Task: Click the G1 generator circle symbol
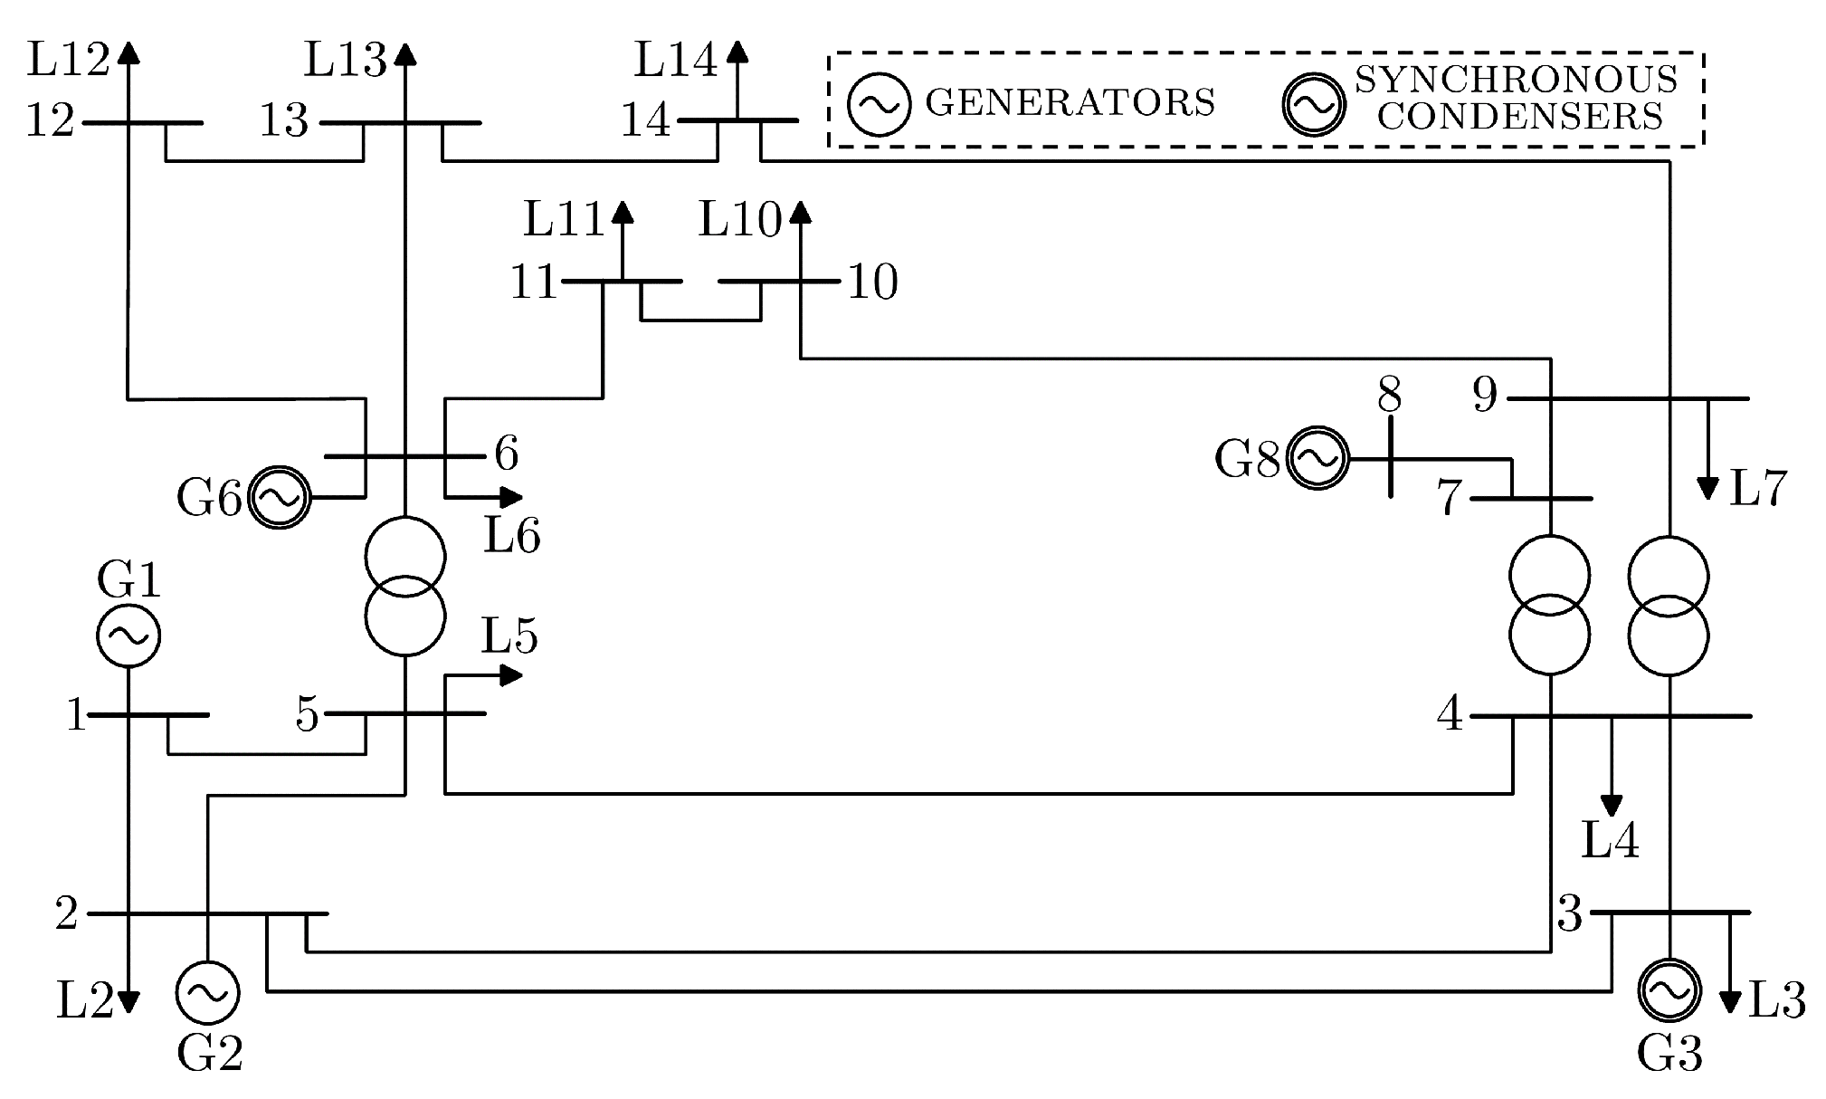[128, 636]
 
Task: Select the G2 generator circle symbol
[207, 992]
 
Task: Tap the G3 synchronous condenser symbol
[1669, 990]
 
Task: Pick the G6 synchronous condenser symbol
[280, 497]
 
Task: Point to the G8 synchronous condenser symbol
[1317, 458]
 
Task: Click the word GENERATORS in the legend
[1070, 102]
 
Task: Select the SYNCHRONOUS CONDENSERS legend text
[1517, 98]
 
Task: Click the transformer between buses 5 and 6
[405, 586]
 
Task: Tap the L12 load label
[68, 61]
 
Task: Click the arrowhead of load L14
[737, 51]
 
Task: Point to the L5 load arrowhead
[511, 674]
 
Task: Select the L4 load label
[1610, 840]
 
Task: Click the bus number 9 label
[1485, 395]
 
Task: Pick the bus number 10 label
[872, 282]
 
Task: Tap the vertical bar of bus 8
[1390, 457]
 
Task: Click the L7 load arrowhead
[1707, 489]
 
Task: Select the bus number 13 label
[284, 120]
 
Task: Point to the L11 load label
[564, 219]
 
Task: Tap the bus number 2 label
[67, 913]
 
